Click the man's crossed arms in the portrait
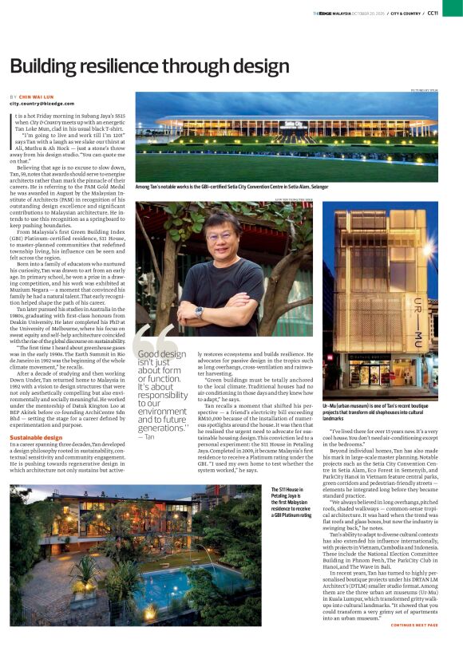pyautogui.click(x=231, y=308)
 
